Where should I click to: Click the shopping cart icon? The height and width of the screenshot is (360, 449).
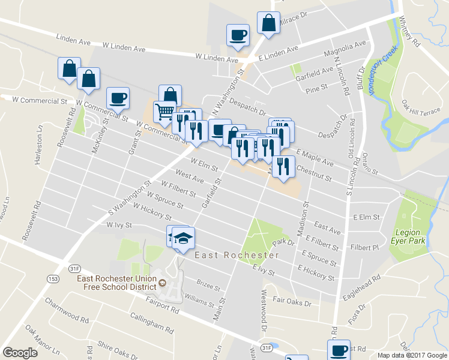tap(164, 111)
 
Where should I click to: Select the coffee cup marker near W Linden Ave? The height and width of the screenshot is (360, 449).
tap(238, 34)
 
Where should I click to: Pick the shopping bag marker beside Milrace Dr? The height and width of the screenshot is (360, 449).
tap(268, 23)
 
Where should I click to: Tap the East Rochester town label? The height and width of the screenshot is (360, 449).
tap(237, 255)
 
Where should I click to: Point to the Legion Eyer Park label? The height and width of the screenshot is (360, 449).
tap(411, 236)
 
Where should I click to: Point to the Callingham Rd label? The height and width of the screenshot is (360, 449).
tap(151, 325)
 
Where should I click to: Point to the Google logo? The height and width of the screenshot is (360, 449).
tap(20, 353)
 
